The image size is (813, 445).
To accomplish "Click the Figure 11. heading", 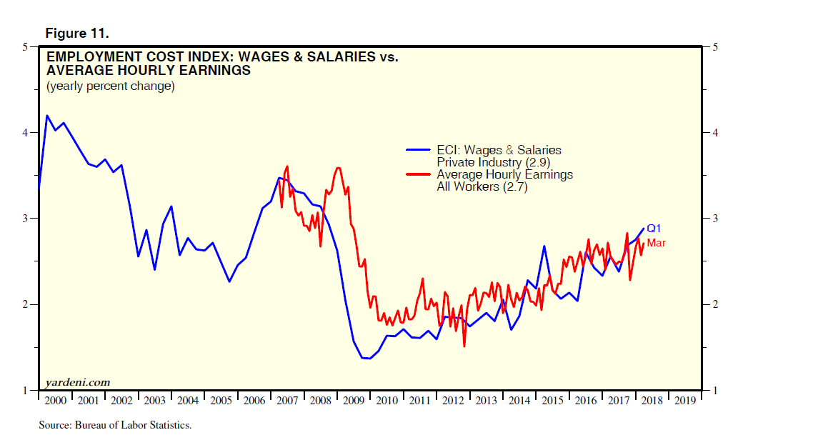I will click(x=77, y=34).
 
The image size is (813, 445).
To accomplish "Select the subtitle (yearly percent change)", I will click(x=110, y=86).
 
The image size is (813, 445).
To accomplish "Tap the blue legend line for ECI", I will click(x=419, y=150).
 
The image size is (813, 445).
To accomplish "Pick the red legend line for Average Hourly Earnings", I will click(x=419, y=174).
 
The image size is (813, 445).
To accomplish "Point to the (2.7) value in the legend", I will click(x=512, y=187).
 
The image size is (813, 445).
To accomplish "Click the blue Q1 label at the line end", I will click(x=654, y=229).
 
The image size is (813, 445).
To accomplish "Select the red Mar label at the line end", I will click(x=657, y=244).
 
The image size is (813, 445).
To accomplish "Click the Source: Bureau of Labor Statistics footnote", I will click(x=115, y=426).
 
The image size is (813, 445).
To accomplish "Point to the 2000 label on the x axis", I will click(x=55, y=400).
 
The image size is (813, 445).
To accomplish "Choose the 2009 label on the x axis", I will click(x=354, y=400).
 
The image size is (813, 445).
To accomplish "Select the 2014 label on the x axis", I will click(x=519, y=400).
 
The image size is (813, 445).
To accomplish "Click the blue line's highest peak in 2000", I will click(x=47, y=116).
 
